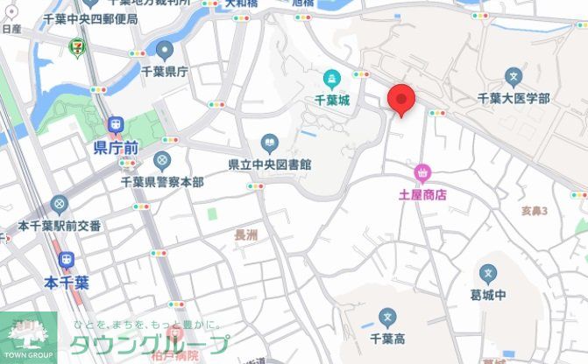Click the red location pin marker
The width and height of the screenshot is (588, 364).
pyautogui.click(x=401, y=98)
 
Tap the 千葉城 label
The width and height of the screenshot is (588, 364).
pyautogui.click(x=332, y=101)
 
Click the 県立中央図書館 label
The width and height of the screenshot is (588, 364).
pyautogui.click(x=271, y=164)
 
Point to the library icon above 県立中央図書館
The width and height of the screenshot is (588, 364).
pyautogui.click(x=269, y=143)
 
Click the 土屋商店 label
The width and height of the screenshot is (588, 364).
pyautogui.click(x=422, y=195)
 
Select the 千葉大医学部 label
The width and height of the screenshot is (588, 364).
pyautogui.click(x=514, y=99)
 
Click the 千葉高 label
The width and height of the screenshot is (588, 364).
pyautogui.click(x=387, y=338)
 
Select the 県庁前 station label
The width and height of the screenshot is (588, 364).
pyautogui.click(x=115, y=149)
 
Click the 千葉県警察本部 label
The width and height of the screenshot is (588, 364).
pyautogui.click(x=162, y=182)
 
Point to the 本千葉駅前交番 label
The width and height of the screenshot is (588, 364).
pyautogui.click(x=60, y=226)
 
